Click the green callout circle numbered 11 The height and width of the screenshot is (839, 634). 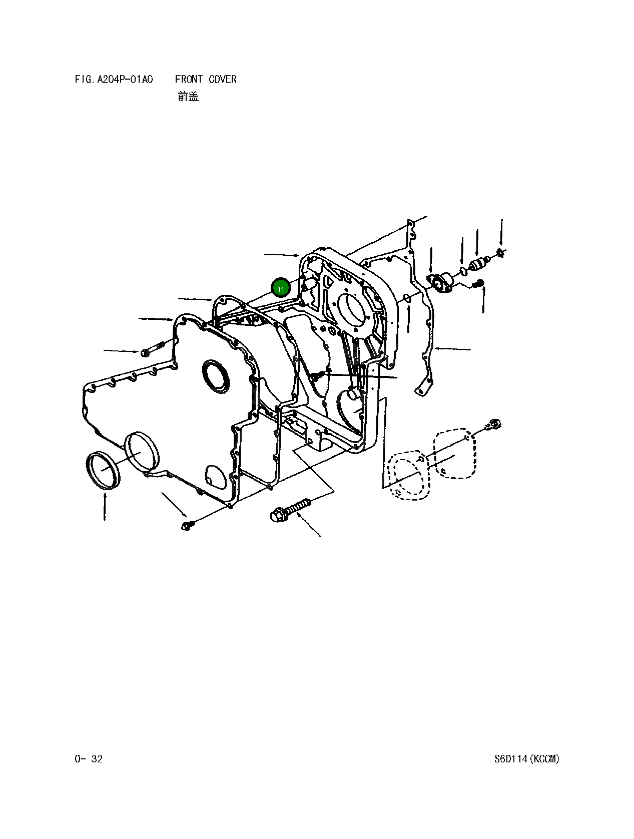coord(281,289)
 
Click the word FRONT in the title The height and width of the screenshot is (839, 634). coord(189,79)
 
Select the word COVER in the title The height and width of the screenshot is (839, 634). coord(222,79)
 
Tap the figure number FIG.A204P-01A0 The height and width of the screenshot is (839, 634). coord(114,79)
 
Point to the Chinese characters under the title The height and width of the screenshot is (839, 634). coord(188,96)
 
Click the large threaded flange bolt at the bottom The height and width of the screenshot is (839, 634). coord(290,510)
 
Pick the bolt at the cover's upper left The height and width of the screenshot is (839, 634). coord(152,349)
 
